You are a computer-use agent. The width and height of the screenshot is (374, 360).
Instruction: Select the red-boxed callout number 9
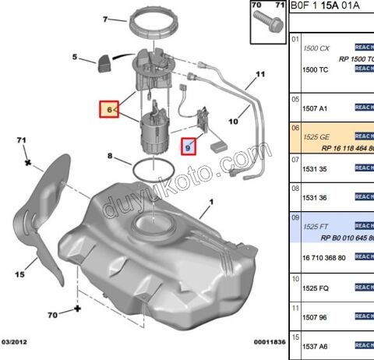pyautogui.click(x=188, y=145)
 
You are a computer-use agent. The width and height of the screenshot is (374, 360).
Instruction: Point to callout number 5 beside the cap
pyautogui.click(x=74, y=57)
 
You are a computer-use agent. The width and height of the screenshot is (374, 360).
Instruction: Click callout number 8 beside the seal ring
pyautogui.click(x=111, y=159)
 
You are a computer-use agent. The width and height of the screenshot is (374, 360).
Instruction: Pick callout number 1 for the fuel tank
pyautogui.click(x=210, y=208)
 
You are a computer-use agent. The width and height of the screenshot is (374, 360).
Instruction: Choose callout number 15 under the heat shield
pyautogui.click(x=21, y=274)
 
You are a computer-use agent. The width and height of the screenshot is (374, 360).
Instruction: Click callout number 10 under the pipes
pyautogui.click(x=232, y=122)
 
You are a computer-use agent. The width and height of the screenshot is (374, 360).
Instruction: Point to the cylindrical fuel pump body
pyautogui.click(x=154, y=135)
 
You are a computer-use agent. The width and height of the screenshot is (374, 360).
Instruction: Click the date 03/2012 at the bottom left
pyautogui.click(x=16, y=342)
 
